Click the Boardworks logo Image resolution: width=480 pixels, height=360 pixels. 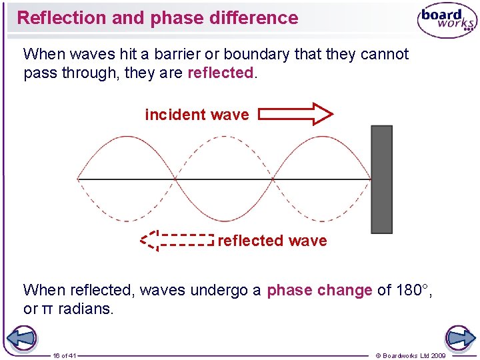coord(446,21)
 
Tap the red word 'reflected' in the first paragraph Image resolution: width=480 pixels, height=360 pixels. coord(221,73)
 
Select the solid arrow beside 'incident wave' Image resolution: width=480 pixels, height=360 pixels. coord(295,114)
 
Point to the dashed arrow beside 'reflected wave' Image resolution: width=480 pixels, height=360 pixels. coord(177,240)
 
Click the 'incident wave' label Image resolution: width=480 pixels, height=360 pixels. coord(197,115)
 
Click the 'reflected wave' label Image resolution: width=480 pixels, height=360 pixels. coord(272,241)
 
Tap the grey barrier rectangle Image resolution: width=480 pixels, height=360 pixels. coord(381,179)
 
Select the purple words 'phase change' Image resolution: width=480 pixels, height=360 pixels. coord(319,290)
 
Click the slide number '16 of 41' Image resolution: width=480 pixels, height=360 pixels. coord(65,355)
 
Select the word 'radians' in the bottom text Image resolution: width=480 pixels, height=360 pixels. coord(86,309)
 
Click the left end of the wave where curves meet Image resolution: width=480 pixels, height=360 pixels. coord(79,179)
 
